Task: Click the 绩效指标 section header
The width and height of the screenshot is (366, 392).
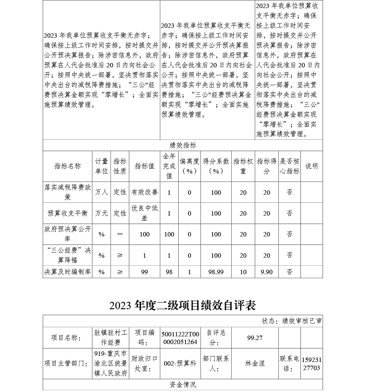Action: pos(183,145)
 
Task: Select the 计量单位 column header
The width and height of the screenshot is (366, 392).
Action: pos(102,166)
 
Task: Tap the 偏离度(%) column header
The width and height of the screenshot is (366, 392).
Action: pos(190,166)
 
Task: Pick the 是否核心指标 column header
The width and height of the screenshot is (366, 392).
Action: pos(290,166)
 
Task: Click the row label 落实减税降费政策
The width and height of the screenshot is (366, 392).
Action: pos(67,192)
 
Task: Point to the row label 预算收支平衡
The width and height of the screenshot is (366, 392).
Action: pos(67,213)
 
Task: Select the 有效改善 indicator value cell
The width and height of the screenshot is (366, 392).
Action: pos(145,192)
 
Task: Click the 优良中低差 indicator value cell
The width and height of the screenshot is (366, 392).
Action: pos(145,213)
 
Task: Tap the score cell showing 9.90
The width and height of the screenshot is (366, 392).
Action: pos(266,272)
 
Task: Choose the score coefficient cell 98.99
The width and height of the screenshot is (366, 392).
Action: pos(216,272)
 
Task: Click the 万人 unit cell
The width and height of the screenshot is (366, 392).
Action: pos(102,192)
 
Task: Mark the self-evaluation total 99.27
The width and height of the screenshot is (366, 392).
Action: pos(255,338)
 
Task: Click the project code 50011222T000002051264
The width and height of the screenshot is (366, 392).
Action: pos(180,338)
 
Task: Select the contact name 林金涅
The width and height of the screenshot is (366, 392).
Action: pos(255,364)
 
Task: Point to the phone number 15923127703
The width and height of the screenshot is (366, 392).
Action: pos(311,364)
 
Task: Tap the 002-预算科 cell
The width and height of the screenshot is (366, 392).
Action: pos(180,364)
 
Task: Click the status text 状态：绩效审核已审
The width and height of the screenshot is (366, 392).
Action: pos(292,321)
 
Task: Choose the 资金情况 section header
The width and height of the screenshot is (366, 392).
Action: pos(183,384)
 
